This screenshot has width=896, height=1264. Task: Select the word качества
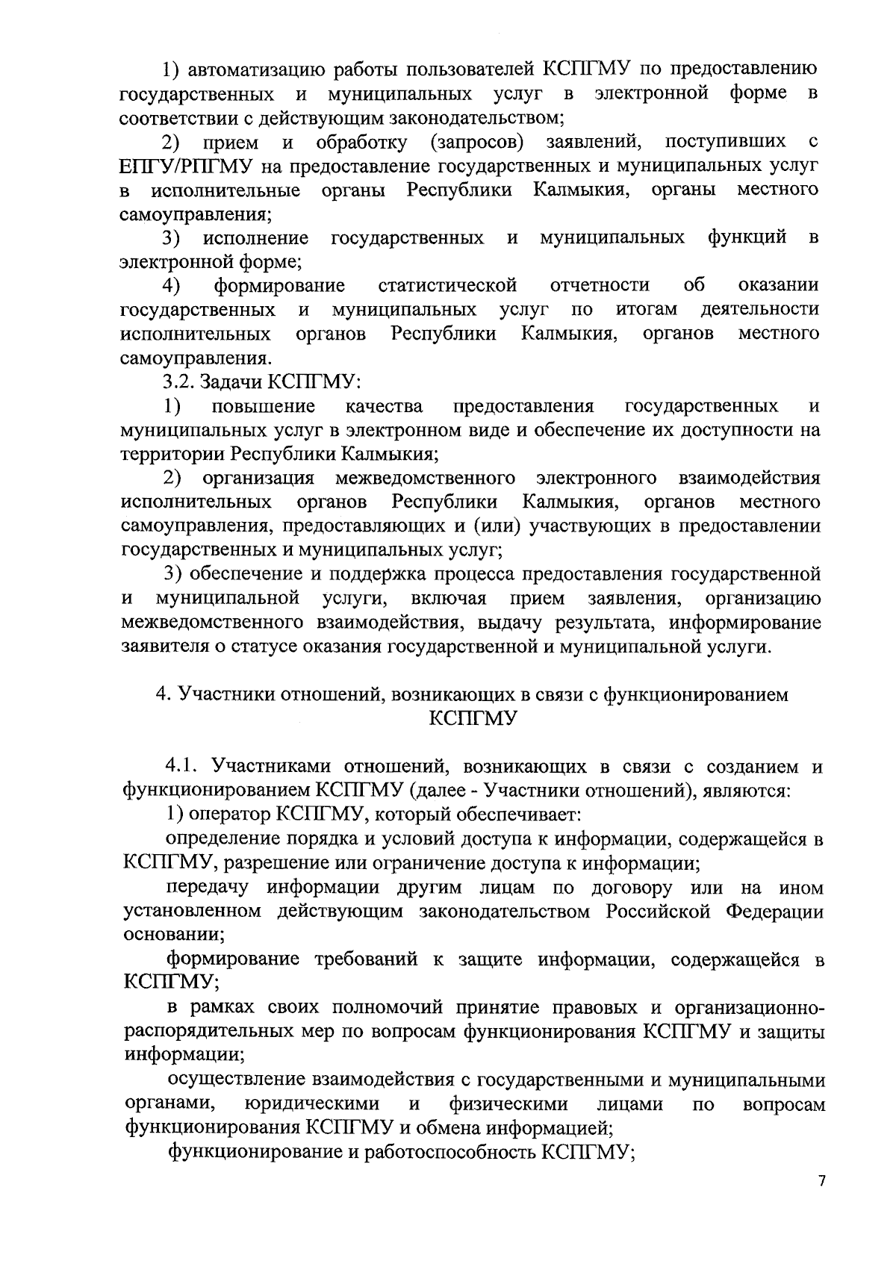pos(385,406)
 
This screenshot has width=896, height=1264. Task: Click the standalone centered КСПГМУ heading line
pos(473,719)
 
